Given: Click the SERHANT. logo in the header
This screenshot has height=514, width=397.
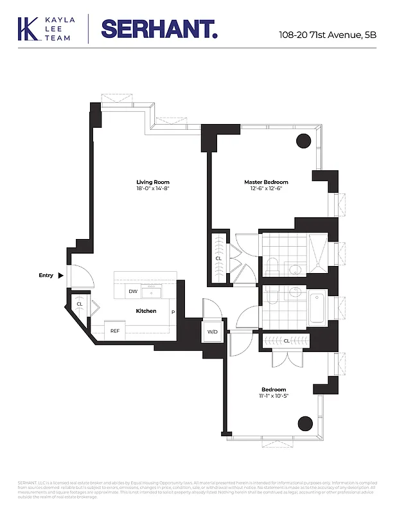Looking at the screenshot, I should click(159, 30).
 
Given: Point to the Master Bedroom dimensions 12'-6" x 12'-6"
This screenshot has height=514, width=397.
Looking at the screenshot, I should click(266, 189).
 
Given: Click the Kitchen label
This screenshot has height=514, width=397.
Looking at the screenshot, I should click(146, 311).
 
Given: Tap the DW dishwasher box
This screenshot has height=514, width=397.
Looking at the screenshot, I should click(133, 292).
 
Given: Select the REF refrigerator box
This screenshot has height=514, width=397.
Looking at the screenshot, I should click(115, 331).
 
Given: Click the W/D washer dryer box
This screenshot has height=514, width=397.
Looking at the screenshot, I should click(212, 332).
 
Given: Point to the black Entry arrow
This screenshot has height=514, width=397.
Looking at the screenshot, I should click(61, 276).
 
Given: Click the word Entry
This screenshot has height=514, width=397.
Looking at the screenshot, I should click(46, 276).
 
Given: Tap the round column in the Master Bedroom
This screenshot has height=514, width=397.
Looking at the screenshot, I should click(303, 141).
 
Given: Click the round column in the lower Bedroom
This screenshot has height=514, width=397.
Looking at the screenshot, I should click(304, 423).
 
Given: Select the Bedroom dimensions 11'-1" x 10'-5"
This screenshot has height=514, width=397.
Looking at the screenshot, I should click(274, 396).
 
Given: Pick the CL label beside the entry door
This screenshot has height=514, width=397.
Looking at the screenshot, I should click(80, 305).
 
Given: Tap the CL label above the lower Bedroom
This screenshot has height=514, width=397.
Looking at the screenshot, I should click(286, 341).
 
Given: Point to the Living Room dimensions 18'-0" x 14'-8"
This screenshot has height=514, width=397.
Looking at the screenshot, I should click(152, 189).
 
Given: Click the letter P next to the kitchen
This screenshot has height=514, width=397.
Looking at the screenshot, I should click(172, 312).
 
